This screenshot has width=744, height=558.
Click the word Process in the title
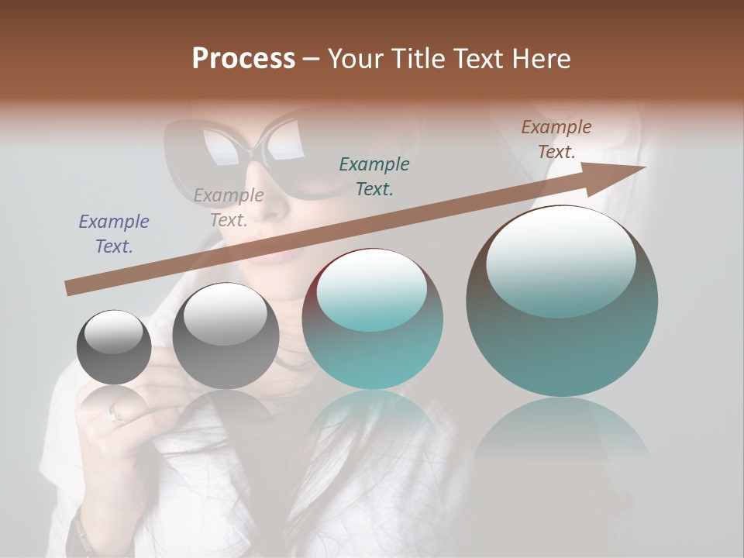[243, 59]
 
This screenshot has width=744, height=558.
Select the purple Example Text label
[114, 234]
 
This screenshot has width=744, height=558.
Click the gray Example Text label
[229, 208]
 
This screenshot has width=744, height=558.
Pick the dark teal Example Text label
[374, 176]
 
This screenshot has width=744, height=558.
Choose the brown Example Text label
[556, 139]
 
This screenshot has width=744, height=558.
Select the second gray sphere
[226, 336]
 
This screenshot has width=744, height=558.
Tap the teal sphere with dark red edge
[372, 319]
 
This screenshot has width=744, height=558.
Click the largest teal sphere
[562, 302]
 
